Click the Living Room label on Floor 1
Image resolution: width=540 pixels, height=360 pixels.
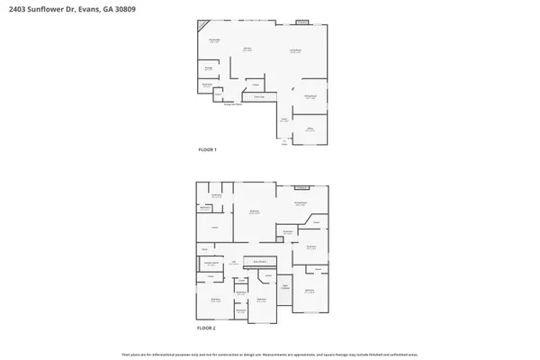point(294,51)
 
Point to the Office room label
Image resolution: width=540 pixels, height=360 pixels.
point(309,130)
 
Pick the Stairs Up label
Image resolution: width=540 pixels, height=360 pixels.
point(258,96)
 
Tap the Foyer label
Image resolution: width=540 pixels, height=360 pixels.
point(283,120)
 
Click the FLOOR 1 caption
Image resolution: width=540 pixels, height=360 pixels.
point(208,149)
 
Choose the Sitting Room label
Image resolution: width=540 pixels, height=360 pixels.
point(301,203)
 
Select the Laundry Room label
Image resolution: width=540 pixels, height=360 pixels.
point(210,265)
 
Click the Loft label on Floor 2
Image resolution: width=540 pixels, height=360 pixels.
point(233,263)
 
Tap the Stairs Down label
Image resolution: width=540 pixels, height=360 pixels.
point(259,262)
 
